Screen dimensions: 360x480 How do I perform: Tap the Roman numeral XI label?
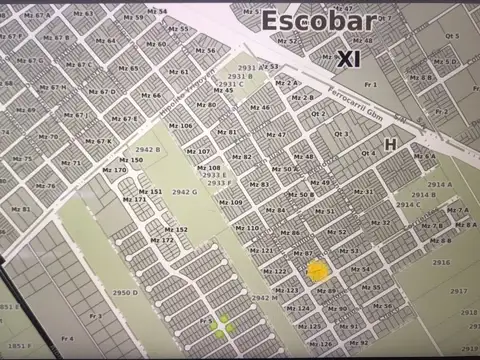click(349, 59)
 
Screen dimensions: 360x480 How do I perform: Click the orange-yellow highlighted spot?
click(317, 270)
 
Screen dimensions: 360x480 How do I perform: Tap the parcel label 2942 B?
click(148, 149)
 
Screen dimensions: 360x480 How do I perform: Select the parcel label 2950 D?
click(124, 293)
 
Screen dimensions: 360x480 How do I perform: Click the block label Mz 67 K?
click(98, 141)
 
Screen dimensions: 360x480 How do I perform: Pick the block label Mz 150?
click(131, 160)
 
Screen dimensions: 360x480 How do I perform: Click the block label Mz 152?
click(176, 229)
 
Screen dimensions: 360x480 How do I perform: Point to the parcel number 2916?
click(441, 262)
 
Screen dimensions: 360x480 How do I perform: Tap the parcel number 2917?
click(458, 291)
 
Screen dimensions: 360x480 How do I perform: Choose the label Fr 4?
click(68, 339)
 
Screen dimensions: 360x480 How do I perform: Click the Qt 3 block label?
click(342, 134)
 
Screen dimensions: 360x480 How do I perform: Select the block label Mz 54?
click(157, 10)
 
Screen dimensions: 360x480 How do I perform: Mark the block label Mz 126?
click(322, 343)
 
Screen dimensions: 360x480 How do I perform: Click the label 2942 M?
click(265, 298)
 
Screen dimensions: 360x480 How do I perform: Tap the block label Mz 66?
click(151, 95)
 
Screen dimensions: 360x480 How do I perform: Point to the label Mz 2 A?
click(287, 83)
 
